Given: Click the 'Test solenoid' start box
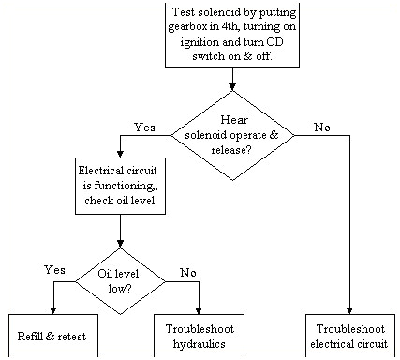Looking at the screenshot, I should [231, 35].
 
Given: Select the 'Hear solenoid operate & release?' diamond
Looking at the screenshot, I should [231, 134].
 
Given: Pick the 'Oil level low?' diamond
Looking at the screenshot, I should [119, 280].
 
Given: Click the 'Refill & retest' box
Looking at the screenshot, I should [53, 335].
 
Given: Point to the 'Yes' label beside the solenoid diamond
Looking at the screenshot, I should [145, 127].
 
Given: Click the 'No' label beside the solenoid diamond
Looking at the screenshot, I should [322, 127].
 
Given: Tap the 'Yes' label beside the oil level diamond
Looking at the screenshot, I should [55, 269].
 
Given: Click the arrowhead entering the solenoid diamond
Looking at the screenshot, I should [231, 86].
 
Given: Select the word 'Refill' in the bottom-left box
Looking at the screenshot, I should [32, 335].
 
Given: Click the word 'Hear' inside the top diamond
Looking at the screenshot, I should [231, 120].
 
